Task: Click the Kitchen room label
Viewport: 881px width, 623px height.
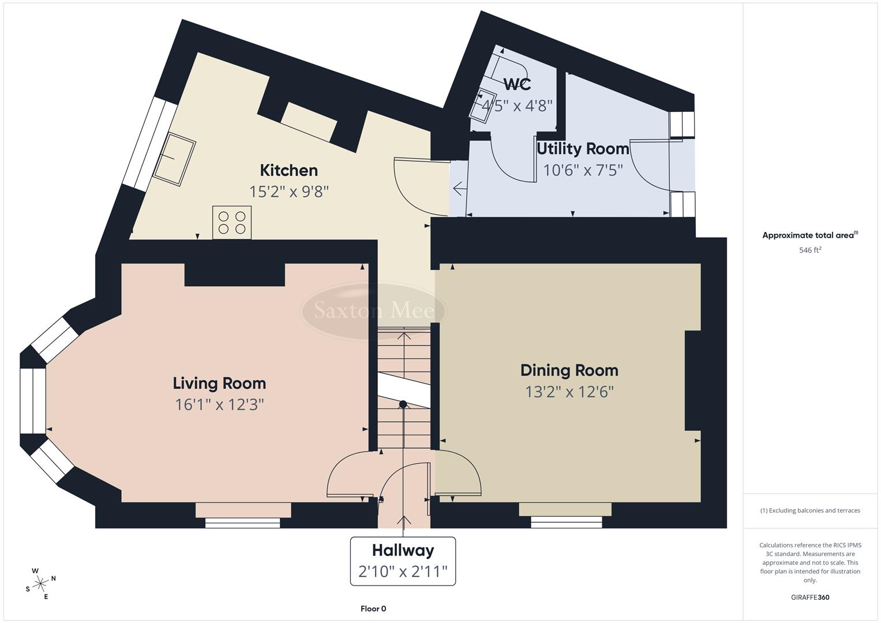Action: coord(288,170)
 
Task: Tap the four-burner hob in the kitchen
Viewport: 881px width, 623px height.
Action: coord(232,223)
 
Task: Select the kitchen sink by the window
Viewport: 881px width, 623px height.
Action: coord(174,159)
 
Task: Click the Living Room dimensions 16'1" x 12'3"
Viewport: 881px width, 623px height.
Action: coord(219,404)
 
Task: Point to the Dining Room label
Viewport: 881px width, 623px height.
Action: coord(569,370)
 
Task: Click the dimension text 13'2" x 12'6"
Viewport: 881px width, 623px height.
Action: coord(569,392)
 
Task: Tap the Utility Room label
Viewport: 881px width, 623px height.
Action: coord(583,149)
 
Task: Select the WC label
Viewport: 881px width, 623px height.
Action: coord(517,84)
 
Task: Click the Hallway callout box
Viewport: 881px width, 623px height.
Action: coord(403,561)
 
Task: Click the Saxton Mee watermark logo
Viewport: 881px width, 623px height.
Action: coord(374,311)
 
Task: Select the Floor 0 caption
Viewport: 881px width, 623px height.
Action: coord(373,609)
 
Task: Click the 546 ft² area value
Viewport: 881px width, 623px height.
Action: coord(810,250)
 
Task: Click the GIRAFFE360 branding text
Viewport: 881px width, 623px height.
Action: coord(810,598)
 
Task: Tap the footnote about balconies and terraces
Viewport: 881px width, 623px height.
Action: coord(810,511)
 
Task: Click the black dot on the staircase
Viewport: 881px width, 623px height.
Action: coord(403,404)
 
